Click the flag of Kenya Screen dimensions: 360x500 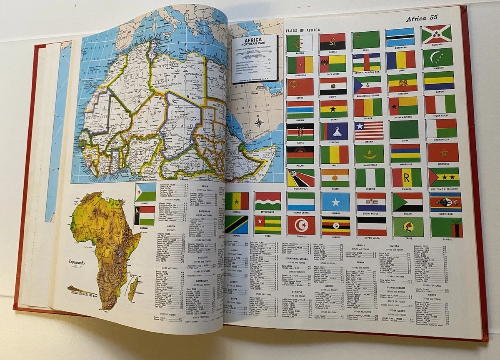click(300, 132)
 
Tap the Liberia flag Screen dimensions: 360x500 click(369, 130)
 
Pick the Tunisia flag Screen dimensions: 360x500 click(301, 225)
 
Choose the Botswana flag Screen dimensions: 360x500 click(400, 37)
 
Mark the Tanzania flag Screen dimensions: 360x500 click(236, 224)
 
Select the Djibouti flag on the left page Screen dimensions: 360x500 click(145, 192)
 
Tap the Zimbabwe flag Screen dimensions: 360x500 click(144, 215)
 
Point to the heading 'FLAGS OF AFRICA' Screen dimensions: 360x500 click(302, 30)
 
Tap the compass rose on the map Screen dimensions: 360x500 click(259, 122)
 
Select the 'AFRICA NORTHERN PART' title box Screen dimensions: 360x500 click(255, 53)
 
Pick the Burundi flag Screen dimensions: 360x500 click(436, 35)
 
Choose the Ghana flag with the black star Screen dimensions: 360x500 click(334, 109)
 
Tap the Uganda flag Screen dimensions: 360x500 click(335, 226)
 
